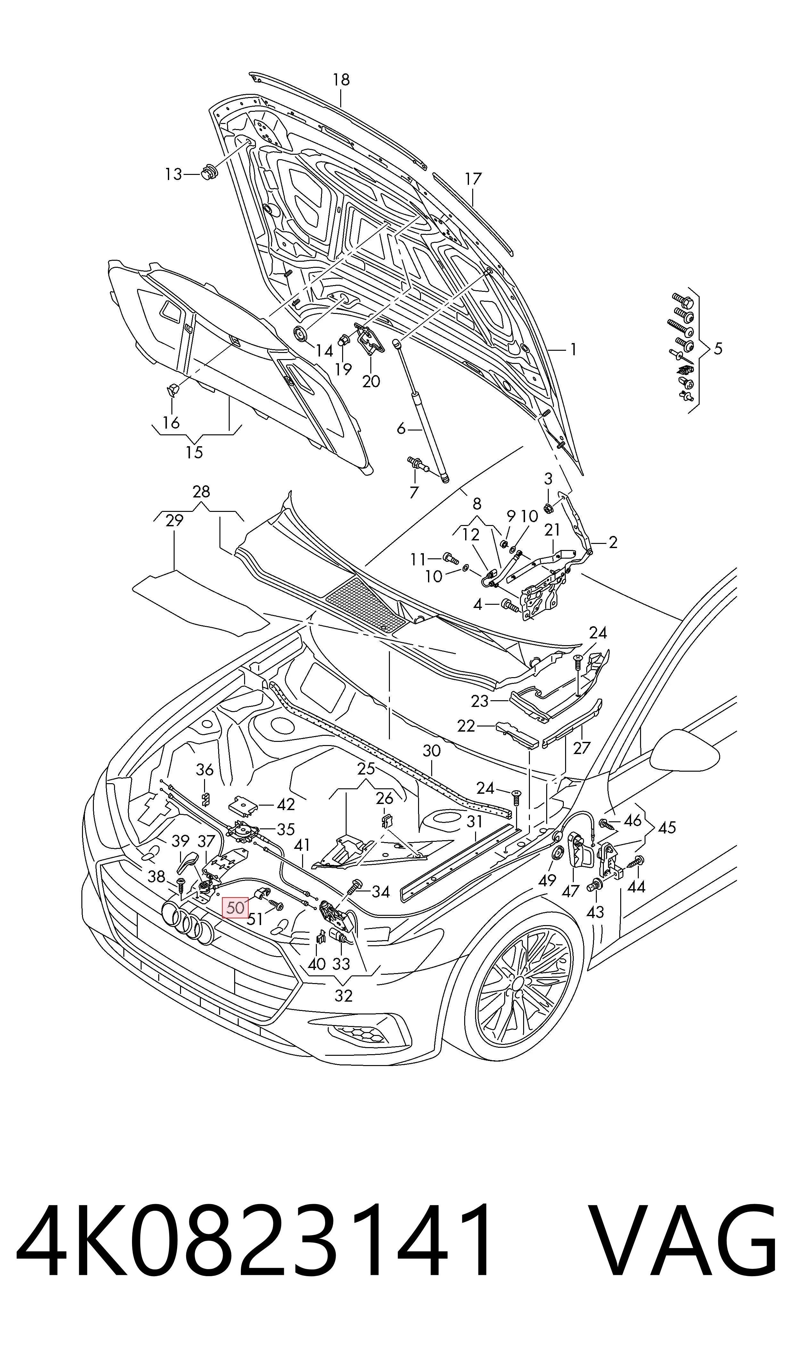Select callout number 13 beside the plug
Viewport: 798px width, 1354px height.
(174, 174)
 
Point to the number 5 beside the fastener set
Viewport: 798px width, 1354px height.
(719, 349)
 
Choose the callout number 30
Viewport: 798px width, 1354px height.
(431, 751)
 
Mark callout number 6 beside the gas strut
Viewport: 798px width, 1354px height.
(401, 428)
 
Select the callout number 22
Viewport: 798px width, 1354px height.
(466, 726)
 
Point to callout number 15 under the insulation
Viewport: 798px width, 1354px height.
(194, 453)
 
